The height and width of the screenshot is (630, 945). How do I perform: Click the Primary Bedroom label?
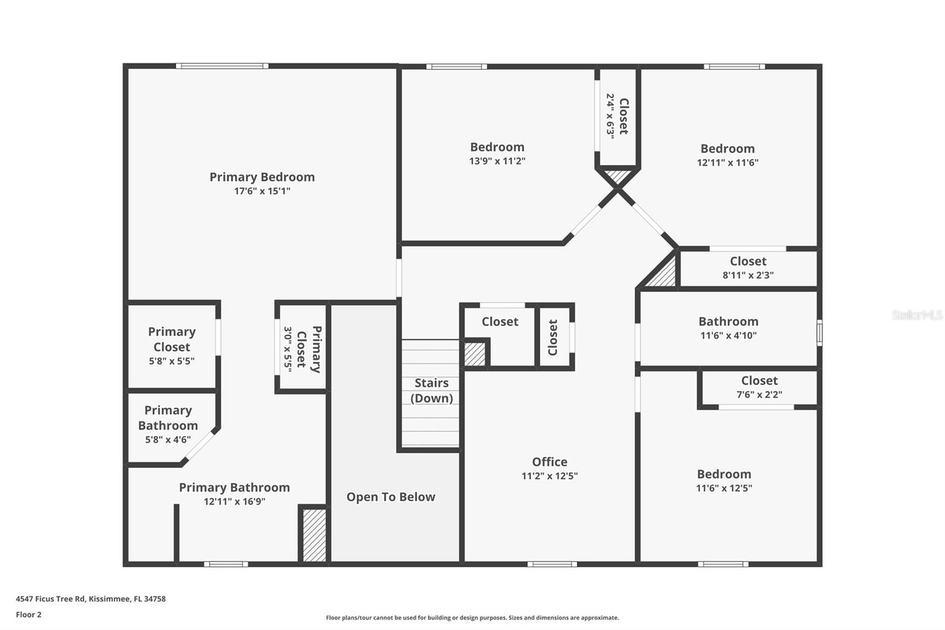(x=262, y=177)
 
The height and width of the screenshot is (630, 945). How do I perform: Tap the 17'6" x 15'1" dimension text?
(x=262, y=191)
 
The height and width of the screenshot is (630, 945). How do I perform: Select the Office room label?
(x=549, y=462)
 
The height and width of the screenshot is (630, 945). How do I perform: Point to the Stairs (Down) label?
(x=431, y=390)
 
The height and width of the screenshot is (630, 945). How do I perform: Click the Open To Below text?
(x=390, y=497)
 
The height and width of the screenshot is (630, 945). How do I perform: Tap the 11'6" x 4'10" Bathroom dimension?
(x=728, y=335)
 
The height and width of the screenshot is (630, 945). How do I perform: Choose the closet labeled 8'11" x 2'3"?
(x=748, y=268)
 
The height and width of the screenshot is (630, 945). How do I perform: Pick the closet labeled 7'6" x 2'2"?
(x=759, y=387)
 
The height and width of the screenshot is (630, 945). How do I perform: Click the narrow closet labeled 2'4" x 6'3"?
(x=617, y=116)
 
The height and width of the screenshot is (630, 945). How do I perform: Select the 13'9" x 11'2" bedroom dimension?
(x=497, y=161)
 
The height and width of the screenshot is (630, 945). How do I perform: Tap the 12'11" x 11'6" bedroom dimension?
(x=727, y=163)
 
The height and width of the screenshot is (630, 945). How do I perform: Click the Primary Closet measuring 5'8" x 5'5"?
(x=171, y=346)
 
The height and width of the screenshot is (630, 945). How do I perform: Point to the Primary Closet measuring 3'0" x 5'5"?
(x=302, y=348)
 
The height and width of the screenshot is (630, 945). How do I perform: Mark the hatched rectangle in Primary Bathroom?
(x=314, y=535)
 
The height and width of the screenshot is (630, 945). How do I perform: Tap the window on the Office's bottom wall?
(x=552, y=564)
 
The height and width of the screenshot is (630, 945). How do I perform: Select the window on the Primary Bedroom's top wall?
(x=222, y=66)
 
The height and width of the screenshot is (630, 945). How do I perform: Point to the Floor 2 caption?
(x=28, y=615)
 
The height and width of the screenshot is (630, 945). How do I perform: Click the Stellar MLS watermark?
(x=917, y=315)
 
